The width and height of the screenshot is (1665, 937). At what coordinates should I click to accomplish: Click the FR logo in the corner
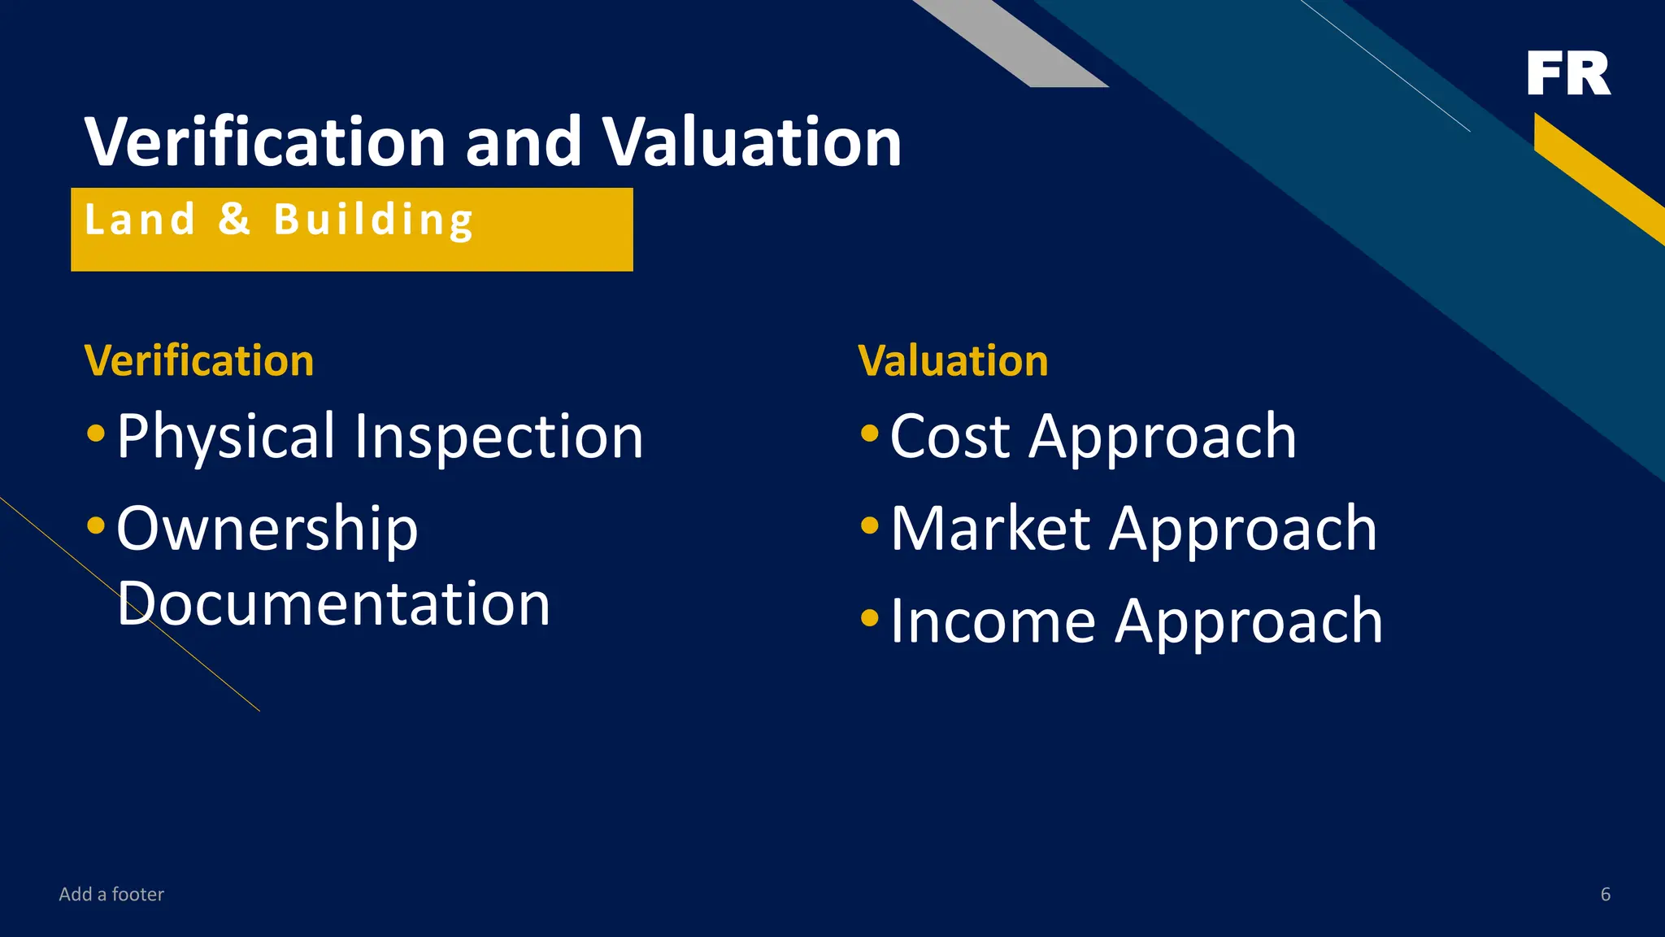click(1568, 73)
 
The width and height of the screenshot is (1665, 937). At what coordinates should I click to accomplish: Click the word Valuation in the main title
click(751, 142)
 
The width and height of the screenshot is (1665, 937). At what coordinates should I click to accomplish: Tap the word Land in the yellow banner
click(140, 220)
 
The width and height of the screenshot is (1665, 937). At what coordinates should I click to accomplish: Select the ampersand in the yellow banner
click(234, 220)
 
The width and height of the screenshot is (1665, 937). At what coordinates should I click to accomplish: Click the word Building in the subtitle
click(374, 220)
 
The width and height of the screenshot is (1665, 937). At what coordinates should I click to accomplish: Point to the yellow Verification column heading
click(199, 360)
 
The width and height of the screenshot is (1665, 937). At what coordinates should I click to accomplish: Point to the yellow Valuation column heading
click(953, 360)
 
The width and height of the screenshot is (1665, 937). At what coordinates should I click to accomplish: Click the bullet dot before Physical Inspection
click(96, 433)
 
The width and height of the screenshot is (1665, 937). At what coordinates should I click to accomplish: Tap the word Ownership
click(267, 529)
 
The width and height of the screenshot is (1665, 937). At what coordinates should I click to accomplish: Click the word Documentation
click(333, 604)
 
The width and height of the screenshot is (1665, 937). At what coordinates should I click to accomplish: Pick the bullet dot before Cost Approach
click(870, 433)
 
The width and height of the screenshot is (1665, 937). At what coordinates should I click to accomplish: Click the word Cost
click(950, 437)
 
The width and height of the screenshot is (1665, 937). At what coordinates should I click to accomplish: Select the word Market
click(990, 529)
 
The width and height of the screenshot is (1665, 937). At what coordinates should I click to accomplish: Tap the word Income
click(993, 621)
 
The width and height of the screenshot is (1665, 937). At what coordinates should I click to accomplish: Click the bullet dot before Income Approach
click(870, 618)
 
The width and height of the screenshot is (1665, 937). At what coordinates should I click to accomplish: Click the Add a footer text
click(111, 894)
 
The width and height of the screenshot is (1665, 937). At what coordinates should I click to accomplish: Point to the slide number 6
click(1605, 894)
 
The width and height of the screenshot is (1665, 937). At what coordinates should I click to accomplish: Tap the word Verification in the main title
click(265, 142)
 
